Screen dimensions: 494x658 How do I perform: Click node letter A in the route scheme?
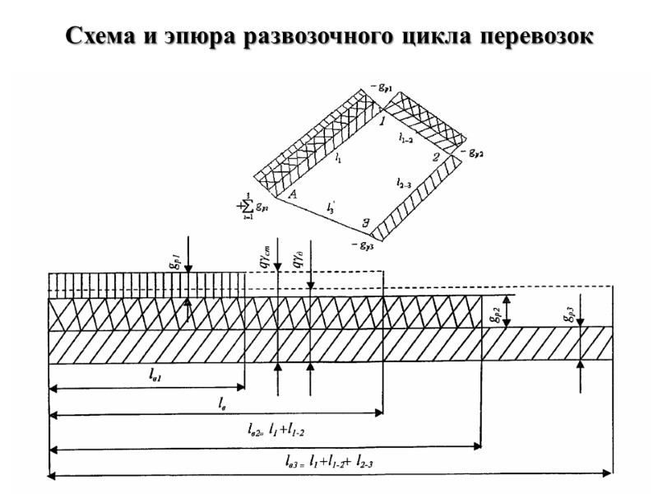tap(291, 194)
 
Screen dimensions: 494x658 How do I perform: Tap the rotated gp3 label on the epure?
tap(568, 312)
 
